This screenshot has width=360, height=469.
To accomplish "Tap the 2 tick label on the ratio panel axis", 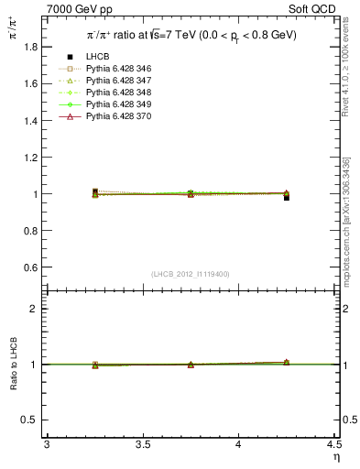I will [x=35, y=309].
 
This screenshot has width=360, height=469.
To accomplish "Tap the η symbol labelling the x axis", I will [x=336, y=456].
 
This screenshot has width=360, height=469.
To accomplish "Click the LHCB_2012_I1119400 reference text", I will [x=191, y=274].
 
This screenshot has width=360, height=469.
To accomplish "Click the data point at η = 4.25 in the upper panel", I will [x=287, y=197].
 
